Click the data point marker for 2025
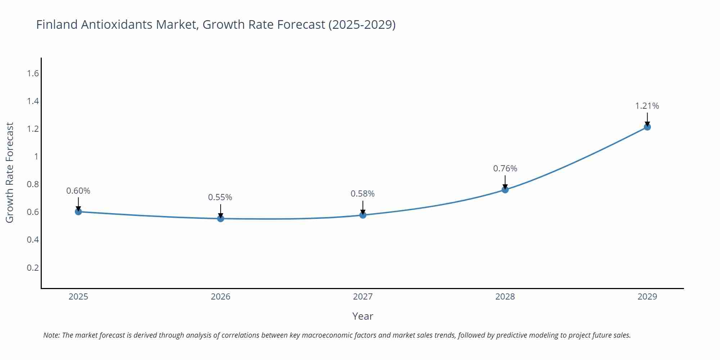point(78,212)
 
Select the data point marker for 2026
point(221,219)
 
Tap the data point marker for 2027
point(363,215)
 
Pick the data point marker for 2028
point(505,190)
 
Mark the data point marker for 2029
point(647,127)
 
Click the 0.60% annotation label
point(78,191)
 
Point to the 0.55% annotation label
point(220,197)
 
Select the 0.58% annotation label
point(363,194)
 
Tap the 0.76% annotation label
point(505,168)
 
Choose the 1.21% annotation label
point(647,106)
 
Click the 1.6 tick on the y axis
point(33,73)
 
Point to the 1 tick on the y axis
point(36,157)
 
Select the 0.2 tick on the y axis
point(33,267)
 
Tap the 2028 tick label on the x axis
point(505,297)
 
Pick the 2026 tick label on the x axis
point(221,297)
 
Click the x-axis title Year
point(363,316)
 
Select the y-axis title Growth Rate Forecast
point(10,172)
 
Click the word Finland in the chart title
point(57,24)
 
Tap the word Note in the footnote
point(51,335)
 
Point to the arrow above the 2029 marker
point(647,119)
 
